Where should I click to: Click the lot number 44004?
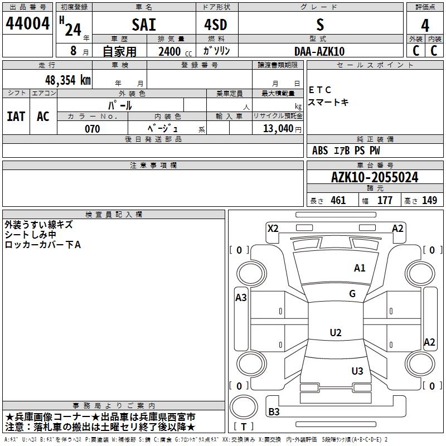tap(28, 24)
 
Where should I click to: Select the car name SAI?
tap(144, 25)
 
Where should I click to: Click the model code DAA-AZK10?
tap(319, 51)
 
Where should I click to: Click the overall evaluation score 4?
tap(425, 25)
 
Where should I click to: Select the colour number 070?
tap(92, 129)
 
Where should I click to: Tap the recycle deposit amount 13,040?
tap(277, 129)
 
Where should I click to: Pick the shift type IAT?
tap(16, 117)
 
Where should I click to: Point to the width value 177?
tap(385, 201)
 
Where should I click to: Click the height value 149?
tap(429, 201)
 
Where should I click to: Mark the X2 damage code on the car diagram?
tap(273, 228)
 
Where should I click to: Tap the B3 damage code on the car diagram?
tap(274, 412)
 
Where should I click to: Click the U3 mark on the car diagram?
tap(357, 371)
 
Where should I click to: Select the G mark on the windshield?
tap(352, 294)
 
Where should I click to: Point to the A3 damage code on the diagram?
tap(241, 297)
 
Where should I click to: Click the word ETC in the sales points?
tap(320, 90)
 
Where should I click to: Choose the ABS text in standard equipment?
tap(320, 151)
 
